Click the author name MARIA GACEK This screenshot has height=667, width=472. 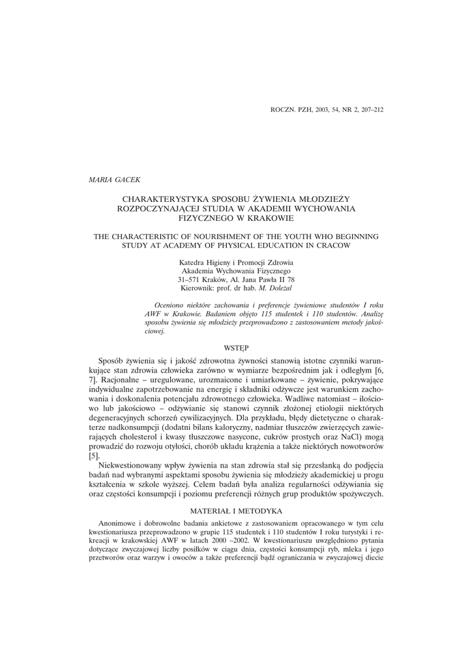110,178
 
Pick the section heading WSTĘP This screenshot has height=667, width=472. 236,349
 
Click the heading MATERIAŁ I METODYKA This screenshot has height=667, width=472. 236,511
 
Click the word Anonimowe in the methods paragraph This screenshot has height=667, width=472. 115,524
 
